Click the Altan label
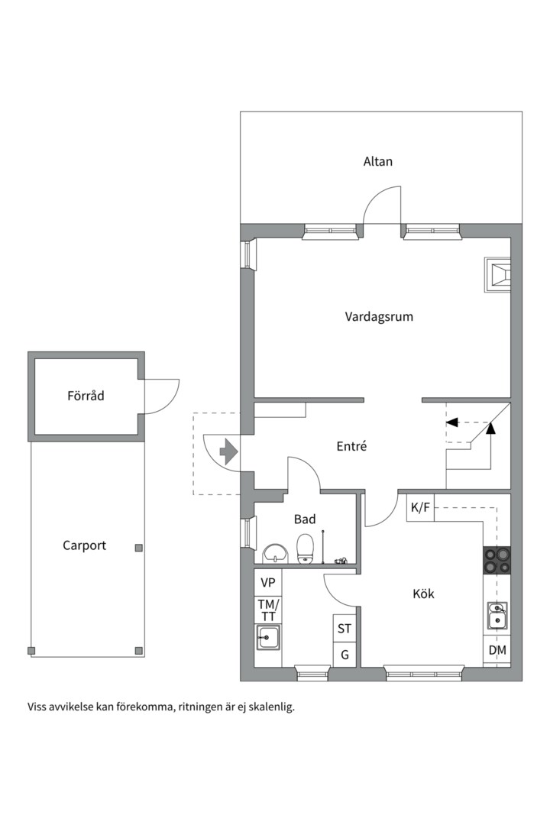[x=378, y=161]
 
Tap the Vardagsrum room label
[x=379, y=317]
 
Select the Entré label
[x=351, y=446]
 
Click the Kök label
[x=424, y=594]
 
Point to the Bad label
[x=305, y=519]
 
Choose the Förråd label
[x=86, y=395]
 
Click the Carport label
[x=84, y=545]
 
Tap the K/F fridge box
[x=421, y=508]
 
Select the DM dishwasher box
[x=497, y=650]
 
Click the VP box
[x=268, y=582]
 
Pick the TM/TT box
[x=268, y=610]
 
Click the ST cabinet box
[x=345, y=628]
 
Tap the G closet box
[x=345, y=655]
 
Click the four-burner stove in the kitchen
[x=497, y=560]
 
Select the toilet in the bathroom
[x=305, y=548]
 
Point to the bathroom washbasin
[x=275, y=554]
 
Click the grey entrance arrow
[x=228, y=451]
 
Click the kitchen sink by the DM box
[x=497, y=616]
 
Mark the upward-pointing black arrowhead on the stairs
[x=490, y=429]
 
